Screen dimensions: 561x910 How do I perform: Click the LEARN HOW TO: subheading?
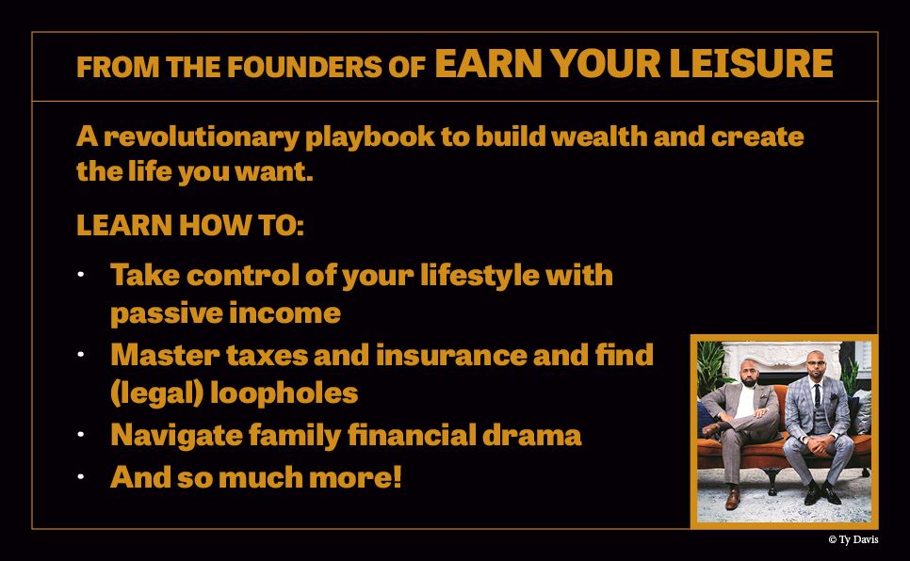[190, 227]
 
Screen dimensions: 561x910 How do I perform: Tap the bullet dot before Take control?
[81, 275]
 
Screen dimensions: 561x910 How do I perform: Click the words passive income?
[225, 313]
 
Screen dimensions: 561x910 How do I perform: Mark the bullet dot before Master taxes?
[81, 355]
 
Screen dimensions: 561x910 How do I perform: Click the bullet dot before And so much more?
[81, 476]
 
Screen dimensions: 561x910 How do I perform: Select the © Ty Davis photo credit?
[853, 539]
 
